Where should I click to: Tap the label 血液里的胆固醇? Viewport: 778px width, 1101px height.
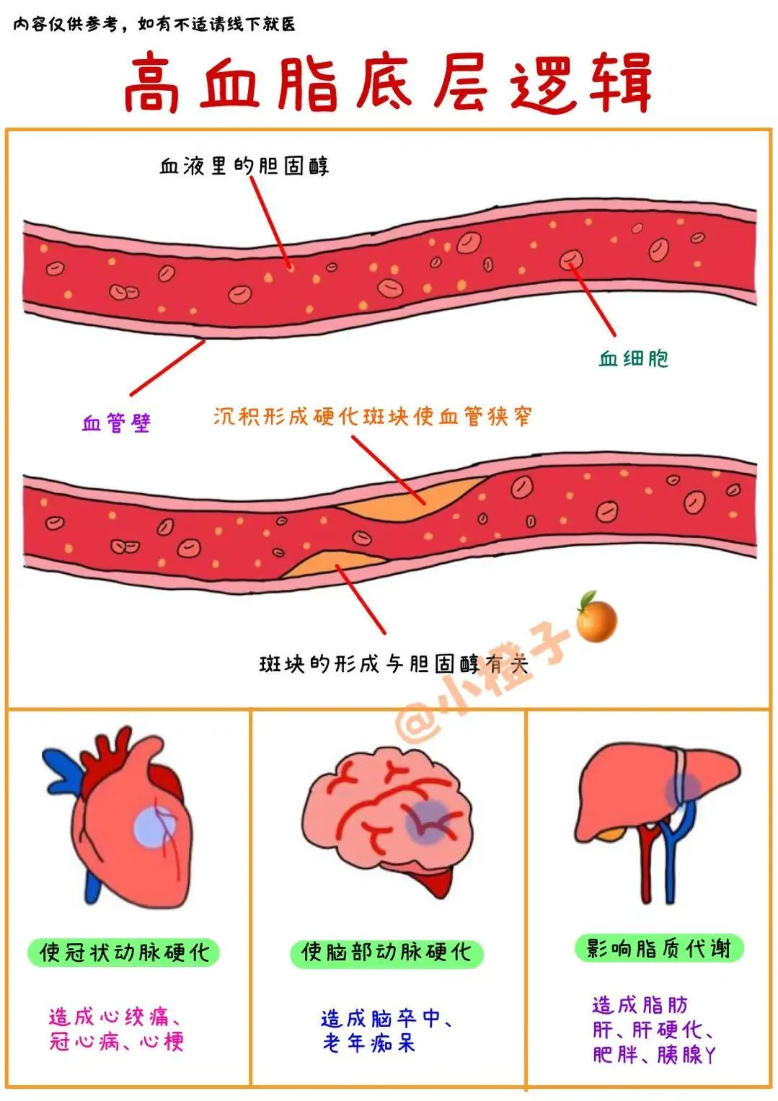[244, 167]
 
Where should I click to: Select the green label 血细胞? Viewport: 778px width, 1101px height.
[633, 358]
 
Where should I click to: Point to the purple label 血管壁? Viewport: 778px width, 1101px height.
[116, 423]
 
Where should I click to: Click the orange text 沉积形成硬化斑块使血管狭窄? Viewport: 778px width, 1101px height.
[372, 417]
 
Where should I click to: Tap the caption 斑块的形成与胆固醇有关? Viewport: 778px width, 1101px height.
[393, 663]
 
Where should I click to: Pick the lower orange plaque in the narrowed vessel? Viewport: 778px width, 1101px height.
[324, 564]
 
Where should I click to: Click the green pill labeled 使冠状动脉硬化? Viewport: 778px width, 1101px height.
[123, 952]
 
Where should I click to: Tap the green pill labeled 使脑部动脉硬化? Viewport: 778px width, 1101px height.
[386, 952]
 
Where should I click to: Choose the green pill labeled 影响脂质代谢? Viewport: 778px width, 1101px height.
[658, 948]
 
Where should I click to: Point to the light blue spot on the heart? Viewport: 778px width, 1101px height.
[154, 827]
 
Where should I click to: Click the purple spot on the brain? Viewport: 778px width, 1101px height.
[425, 822]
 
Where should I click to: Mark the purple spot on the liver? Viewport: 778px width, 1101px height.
[682, 788]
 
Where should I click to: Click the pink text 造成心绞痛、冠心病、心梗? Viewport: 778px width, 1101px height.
[115, 1029]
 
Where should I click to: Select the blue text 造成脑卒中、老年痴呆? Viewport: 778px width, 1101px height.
[386, 1030]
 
